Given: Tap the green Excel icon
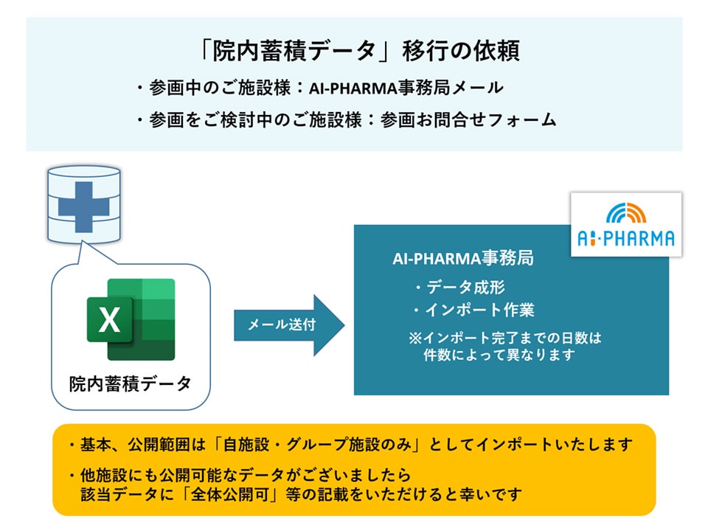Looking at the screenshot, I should pos(131,319).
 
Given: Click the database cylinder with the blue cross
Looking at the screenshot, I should pos(83,206).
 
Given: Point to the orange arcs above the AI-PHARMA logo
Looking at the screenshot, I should pos(626,212).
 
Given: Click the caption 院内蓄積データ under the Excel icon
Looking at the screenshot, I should pos(130,383).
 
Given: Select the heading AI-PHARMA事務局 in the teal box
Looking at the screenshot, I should pos(463,259).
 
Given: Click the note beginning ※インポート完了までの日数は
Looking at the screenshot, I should pos(505,339).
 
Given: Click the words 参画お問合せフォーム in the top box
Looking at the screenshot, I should pos(468,120).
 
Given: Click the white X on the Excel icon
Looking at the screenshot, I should pos(109,320).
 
